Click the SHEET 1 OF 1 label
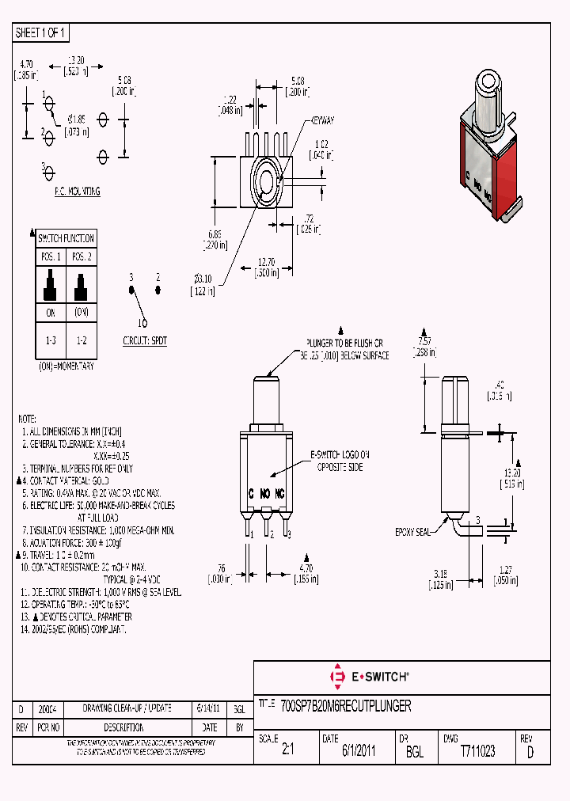click(42, 32)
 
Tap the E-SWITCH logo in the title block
click(369, 677)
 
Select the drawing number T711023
click(477, 752)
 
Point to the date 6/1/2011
click(359, 752)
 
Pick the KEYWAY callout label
click(322, 120)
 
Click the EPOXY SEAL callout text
click(413, 533)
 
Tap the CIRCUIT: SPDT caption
click(145, 340)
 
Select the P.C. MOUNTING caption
click(77, 192)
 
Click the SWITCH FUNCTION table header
click(66, 238)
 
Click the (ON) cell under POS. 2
click(81, 312)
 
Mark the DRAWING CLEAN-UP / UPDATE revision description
click(128, 708)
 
